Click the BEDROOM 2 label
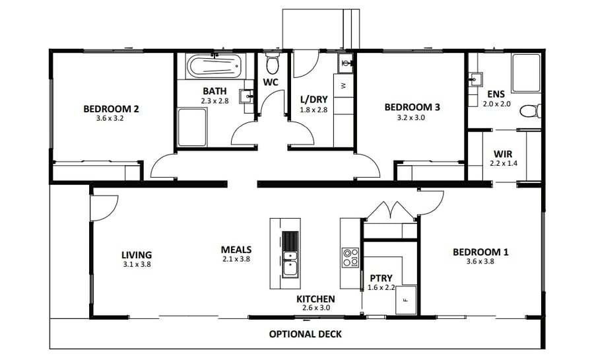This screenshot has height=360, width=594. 111,109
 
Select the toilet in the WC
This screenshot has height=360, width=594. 271,65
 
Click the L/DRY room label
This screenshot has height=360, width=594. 313,100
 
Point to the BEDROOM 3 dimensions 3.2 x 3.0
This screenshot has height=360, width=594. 412,118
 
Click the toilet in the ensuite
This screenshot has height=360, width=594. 530,111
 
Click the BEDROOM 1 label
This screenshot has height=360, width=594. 480,252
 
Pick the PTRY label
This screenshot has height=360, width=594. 381,278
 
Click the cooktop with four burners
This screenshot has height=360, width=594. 350,257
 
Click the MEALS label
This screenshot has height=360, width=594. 236,250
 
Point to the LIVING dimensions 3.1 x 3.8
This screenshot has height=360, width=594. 137,264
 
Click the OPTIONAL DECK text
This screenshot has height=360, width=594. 305,334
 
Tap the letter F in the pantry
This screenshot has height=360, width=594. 405,301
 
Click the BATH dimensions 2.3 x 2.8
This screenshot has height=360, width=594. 214,101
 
